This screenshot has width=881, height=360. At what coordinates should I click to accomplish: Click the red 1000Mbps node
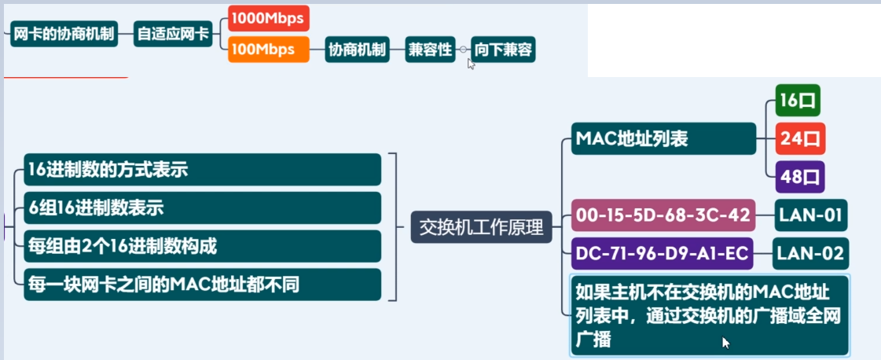pos(269,18)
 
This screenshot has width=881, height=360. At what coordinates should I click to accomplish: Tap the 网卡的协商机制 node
pos(64,35)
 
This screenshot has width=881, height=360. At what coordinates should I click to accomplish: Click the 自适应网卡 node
pos(173,35)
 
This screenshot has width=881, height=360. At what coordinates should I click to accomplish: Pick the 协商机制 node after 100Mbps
pos(358,50)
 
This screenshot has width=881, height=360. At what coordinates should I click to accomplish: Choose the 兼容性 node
pos(430,50)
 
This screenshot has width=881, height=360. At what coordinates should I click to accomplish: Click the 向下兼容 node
pos(503,50)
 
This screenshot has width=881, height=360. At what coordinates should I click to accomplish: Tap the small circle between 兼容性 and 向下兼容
pos(464,50)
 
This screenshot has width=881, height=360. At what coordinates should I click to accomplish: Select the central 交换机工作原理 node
pos(482,228)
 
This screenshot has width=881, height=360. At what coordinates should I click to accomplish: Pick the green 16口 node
pos(798,101)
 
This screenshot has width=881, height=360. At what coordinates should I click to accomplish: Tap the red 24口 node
pos(800,139)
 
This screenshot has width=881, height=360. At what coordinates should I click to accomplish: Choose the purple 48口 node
pos(800,177)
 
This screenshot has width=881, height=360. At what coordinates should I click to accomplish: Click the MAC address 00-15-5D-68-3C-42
pos(663,215)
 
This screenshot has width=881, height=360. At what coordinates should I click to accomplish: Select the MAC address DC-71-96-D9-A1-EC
pos(663,253)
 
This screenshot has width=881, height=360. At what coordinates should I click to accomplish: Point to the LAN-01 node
pos(811,215)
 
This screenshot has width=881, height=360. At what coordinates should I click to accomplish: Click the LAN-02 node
pos(809,253)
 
